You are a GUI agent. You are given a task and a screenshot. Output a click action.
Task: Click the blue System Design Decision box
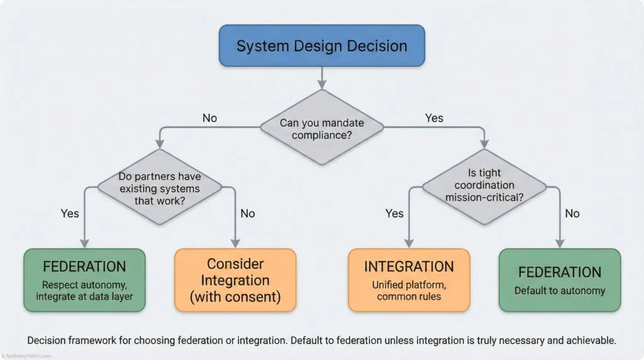(321, 45)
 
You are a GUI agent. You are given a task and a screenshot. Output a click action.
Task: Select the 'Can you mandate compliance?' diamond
(321, 128)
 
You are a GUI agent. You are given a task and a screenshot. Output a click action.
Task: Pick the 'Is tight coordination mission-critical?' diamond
(483, 186)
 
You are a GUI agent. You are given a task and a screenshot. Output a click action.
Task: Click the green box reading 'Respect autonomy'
(84, 279)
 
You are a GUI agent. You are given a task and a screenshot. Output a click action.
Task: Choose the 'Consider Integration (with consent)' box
(235, 279)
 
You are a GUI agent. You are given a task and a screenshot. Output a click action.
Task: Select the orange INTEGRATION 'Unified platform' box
(409, 279)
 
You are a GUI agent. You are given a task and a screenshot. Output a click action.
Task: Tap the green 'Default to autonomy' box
(560, 279)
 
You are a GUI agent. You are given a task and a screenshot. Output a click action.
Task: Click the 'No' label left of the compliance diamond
(210, 118)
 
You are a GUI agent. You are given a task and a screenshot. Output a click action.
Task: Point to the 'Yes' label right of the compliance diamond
(434, 118)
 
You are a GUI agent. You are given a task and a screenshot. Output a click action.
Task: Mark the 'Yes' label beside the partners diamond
(70, 213)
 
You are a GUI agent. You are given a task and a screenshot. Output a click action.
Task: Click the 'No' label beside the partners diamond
(248, 213)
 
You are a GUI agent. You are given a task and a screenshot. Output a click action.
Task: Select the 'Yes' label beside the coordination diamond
(394, 213)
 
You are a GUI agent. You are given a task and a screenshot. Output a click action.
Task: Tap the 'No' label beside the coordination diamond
(572, 213)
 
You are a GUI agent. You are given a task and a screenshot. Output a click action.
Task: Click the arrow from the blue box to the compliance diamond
(322, 77)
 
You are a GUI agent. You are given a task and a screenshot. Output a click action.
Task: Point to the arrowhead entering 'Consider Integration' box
(235, 244)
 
